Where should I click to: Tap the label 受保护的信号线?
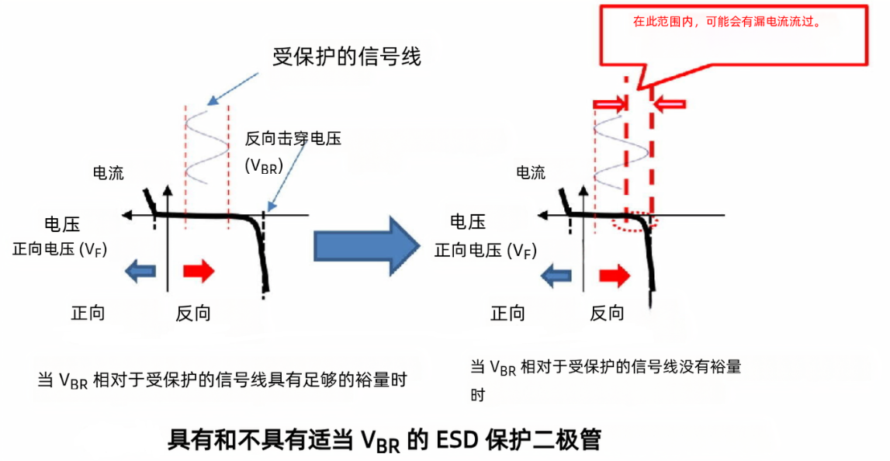pos(346,57)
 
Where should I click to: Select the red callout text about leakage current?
pos(727,23)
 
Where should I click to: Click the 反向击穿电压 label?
pos(293,139)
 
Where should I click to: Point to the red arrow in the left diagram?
pos(198,271)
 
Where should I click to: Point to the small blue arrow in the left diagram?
pos(140,271)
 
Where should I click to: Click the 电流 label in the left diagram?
pos(108,172)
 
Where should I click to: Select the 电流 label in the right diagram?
pos(531,172)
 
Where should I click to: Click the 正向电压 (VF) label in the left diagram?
pos(60,250)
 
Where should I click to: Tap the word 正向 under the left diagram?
pos(88,313)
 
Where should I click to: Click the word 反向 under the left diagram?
pos(193,313)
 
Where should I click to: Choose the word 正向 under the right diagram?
pos(508,313)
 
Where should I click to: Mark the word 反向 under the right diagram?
pos(608,313)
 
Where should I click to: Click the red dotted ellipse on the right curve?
pos(635,223)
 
